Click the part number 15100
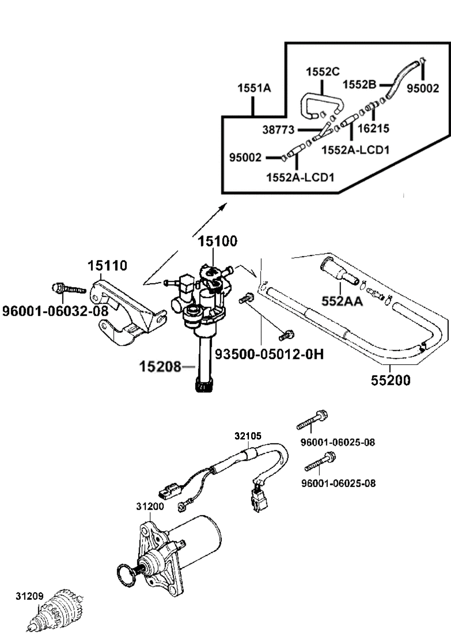(217, 241)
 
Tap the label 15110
(107, 266)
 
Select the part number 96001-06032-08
(55, 311)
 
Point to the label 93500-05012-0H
(269, 354)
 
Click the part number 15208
(160, 366)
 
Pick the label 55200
(391, 380)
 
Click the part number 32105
(248, 444)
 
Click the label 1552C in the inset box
(322, 72)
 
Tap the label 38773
(278, 130)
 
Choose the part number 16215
(373, 128)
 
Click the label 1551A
(254, 88)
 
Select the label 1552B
(359, 84)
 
